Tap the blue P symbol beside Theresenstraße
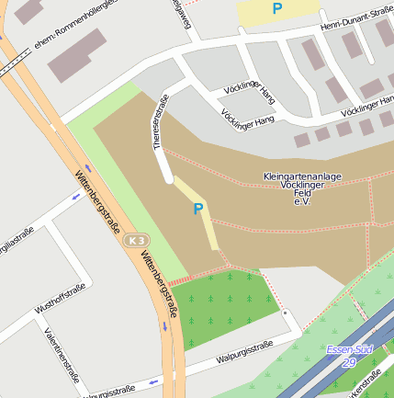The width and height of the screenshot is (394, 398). point(197,210)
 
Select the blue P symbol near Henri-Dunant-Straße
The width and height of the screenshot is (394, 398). point(276,9)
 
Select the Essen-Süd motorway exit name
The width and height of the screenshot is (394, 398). point(350,349)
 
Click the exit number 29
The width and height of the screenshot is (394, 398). point(350,362)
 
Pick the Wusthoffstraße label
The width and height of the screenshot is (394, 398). point(61,301)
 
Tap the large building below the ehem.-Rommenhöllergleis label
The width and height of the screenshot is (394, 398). point(77,55)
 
